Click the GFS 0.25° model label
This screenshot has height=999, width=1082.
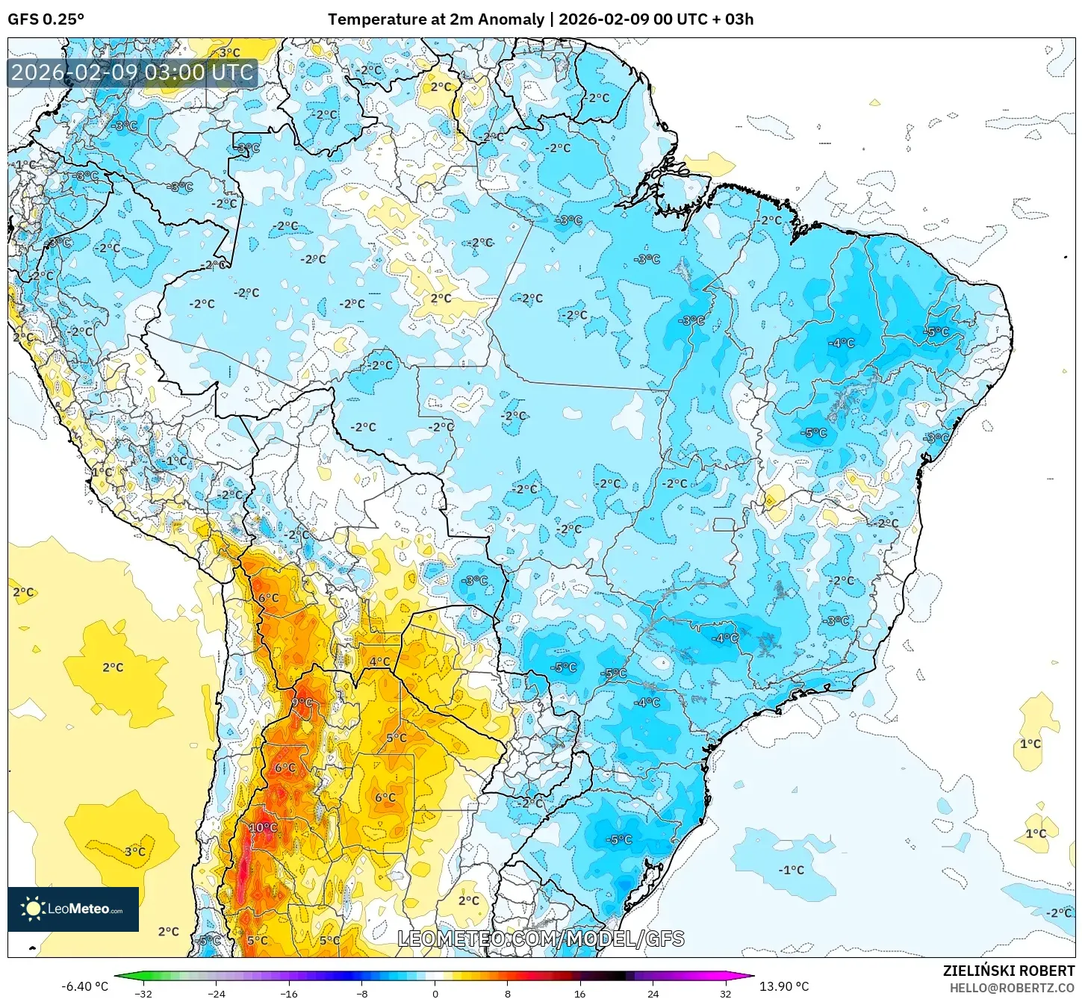point(46,19)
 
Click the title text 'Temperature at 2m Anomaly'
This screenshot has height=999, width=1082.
point(435,19)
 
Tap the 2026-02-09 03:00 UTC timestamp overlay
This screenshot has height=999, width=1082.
point(132,72)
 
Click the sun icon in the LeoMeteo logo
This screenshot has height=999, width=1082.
point(33,909)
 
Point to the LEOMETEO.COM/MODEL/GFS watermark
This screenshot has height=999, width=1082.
point(541,939)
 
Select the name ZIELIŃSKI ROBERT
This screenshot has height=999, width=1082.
point(1008,971)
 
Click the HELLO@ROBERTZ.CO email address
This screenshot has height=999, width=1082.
point(1012,988)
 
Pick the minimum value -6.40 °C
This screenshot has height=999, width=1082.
point(84,986)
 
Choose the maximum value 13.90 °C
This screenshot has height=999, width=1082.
point(784,986)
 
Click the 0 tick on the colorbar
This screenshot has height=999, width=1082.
point(435,993)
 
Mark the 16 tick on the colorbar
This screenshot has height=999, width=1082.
point(580,993)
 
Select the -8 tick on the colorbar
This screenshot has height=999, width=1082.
point(362,993)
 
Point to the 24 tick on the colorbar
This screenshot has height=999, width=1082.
point(653,993)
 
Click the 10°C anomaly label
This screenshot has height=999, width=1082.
point(263,828)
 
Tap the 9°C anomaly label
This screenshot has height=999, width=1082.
point(302,703)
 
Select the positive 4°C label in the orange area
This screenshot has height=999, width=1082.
point(379,661)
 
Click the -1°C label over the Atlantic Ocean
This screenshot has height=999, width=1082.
point(792,870)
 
